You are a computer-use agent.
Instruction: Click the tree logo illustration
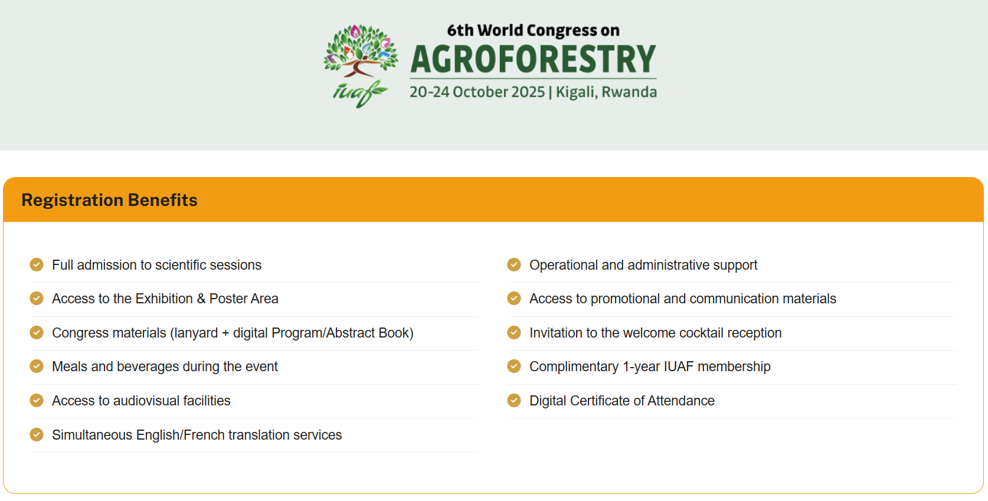361,52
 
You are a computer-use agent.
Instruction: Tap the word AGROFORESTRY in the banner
534,59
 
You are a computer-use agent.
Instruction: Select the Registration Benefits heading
109,200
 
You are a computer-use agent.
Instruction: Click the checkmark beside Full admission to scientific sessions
37,264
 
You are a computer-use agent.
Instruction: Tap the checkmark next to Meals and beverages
37,366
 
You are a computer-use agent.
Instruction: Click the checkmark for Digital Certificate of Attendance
514,400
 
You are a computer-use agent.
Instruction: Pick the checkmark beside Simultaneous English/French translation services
37,434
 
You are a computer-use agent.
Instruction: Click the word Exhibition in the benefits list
164,299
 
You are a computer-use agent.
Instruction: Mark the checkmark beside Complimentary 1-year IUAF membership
514,366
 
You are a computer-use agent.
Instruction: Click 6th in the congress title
460,31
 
